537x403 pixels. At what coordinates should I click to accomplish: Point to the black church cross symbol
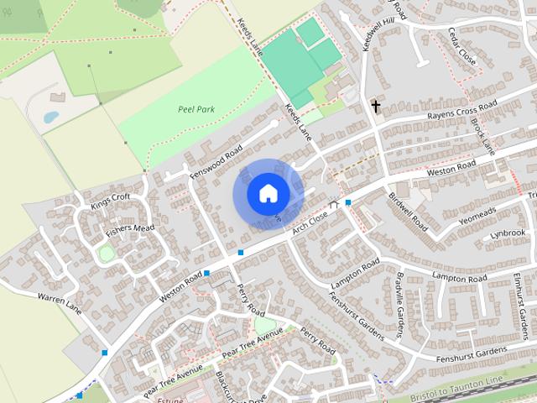(376, 107)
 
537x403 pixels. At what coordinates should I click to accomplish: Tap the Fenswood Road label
(216, 160)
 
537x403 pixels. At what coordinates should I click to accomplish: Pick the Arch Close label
(310, 222)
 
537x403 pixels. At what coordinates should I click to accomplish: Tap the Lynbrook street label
(508, 233)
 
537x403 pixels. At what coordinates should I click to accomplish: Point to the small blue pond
(51, 117)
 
